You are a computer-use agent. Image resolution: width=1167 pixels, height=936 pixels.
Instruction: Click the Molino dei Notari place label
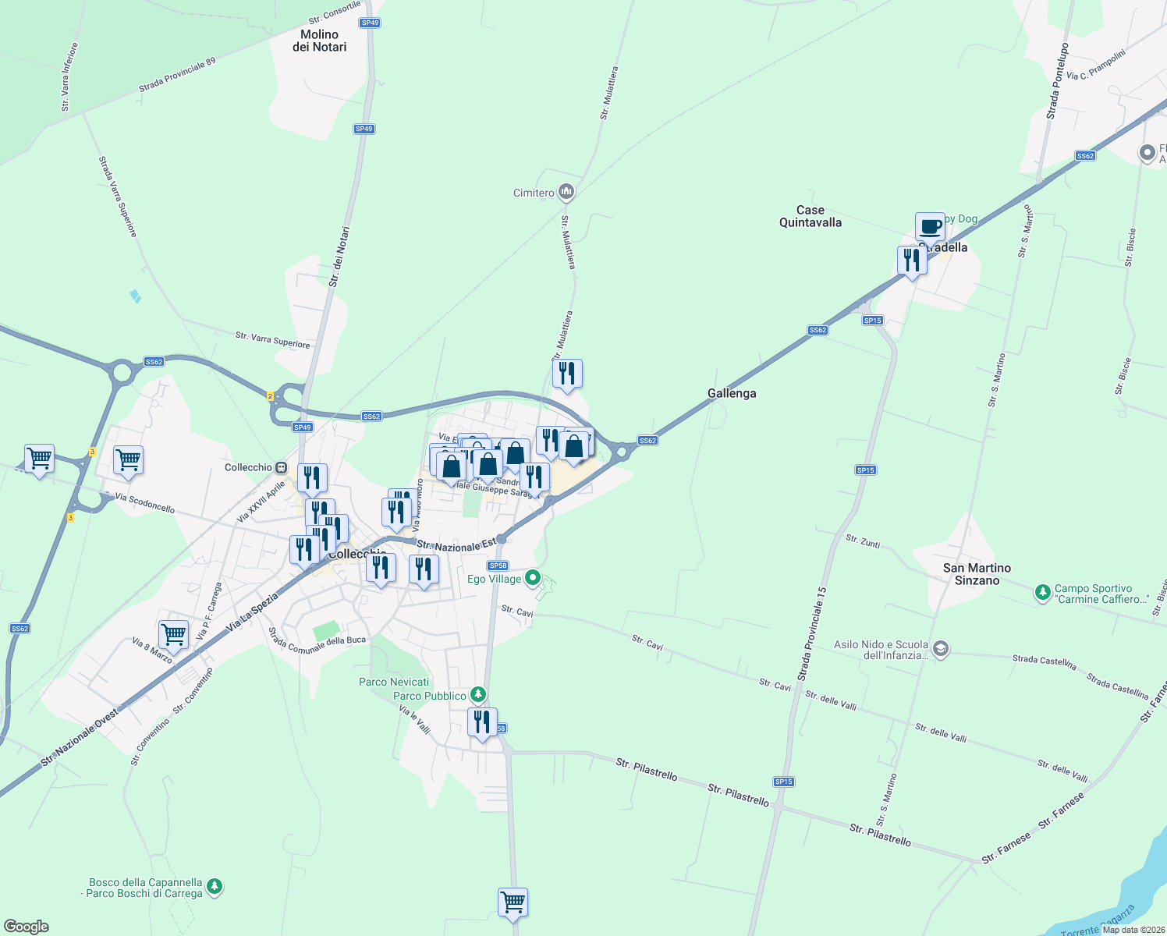coord(319,41)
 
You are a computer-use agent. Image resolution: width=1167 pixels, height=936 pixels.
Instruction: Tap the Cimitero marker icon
coord(567,192)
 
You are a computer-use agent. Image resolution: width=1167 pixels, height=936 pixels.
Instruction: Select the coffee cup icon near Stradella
coord(930,227)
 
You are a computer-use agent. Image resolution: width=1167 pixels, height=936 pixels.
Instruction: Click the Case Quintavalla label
coord(811,216)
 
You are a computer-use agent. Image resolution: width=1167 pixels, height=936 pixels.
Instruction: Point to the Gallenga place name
coord(732,393)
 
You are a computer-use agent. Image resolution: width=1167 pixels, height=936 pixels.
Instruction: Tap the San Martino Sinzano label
coord(977,574)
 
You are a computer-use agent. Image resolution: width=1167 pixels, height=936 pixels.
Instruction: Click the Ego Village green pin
coord(533,578)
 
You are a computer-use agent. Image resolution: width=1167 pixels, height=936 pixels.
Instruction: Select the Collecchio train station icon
coord(280,467)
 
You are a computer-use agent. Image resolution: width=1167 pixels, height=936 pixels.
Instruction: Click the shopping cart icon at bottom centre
coord(513,902)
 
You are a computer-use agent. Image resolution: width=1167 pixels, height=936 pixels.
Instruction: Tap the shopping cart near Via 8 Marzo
coord(173,635)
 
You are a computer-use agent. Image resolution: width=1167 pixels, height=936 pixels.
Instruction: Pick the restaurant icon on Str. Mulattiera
coord(567,374)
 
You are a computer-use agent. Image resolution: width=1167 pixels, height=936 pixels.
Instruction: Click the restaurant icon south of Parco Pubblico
coord(482,722)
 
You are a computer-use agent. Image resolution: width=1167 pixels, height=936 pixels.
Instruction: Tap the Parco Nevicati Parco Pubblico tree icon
coord(478,695)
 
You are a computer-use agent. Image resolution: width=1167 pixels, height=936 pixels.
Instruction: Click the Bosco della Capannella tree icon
coord(215,887)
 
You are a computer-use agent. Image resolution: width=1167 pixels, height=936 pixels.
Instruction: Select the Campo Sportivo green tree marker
coord(1043,594)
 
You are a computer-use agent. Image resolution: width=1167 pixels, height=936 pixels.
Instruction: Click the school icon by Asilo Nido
coord(941,650)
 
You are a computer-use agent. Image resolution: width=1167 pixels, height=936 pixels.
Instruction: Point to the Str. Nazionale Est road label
coord(456,544)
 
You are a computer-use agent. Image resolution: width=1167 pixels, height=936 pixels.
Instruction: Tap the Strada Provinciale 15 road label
coord(811,633)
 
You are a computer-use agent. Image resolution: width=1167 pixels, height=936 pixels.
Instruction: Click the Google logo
coord(27,926)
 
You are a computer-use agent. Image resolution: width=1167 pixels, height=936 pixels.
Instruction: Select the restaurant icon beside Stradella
coord(912,260)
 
